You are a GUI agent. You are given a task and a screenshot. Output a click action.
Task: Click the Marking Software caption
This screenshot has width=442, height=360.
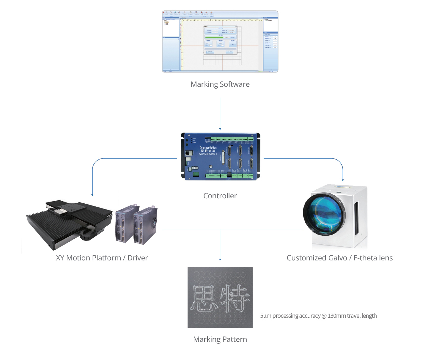[x=220, y=84]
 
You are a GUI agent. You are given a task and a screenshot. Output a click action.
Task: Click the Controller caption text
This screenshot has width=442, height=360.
[x=220, y=196]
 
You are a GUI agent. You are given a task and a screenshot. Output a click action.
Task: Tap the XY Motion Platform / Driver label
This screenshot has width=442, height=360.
[x=102, y=258]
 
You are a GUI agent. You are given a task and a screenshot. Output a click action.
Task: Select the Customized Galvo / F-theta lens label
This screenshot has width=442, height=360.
[x=339, y=258]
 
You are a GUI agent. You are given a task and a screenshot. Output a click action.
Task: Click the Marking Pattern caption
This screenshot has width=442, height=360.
[x=220, y=339]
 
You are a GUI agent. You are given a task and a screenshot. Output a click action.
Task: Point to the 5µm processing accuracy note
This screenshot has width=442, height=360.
[x=318, y=316]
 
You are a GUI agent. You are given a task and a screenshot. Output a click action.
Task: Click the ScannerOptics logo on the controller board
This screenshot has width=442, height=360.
[x=208, y=148]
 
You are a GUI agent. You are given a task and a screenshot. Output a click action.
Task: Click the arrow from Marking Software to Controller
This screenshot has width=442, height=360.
[x=220, y=113]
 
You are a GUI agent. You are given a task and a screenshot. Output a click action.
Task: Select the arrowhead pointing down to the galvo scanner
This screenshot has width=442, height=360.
[x=343, y=180]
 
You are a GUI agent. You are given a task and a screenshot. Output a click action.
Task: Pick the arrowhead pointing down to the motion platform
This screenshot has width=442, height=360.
[x=92, y=195]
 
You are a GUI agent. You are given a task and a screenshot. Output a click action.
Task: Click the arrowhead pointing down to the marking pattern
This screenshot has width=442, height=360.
[x=220, y=259]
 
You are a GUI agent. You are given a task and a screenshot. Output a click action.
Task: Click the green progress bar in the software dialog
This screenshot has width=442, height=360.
[x=214, y=37]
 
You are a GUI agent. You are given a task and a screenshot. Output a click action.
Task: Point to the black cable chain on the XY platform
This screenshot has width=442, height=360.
[x=86, y=236]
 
